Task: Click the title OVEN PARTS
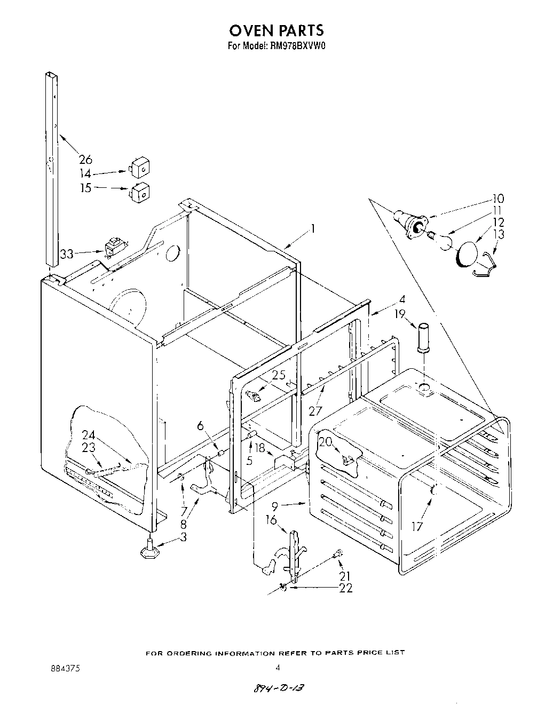coord(276,29)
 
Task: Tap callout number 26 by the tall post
coord(85,159)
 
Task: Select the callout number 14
coord(85,173)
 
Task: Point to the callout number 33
coord(67,255)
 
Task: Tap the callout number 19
coord(401,314)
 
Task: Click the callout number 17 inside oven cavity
coord(417,527)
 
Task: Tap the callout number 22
coord(345,588)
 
